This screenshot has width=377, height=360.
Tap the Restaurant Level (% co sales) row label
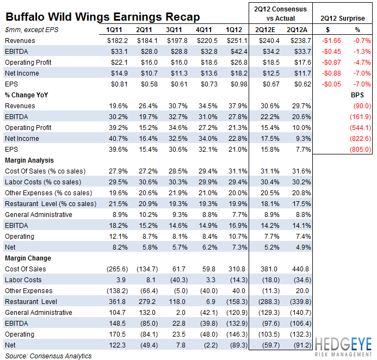(x=51, y=203)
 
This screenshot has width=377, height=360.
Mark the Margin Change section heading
(x=28, y=258)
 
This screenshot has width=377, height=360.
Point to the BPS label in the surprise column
(x=357, y=95)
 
